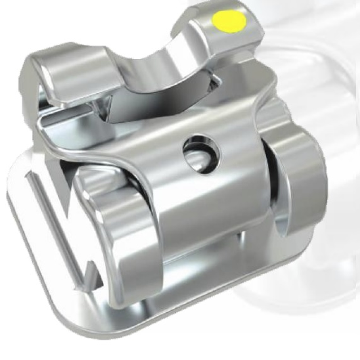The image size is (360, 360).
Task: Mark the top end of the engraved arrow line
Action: [29, 176]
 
